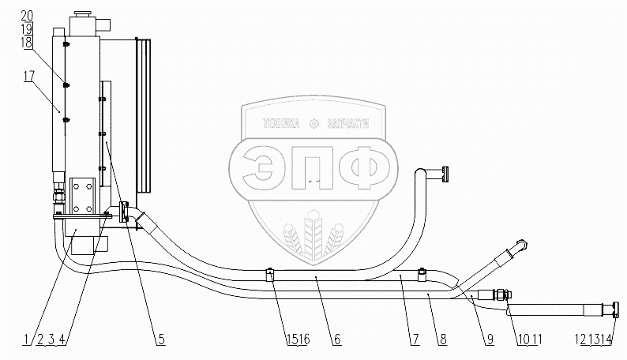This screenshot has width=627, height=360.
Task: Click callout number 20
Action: tap(28, 16)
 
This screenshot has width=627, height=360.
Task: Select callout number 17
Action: tap(28, 77)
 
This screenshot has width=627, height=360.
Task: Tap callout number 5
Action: tap(160, 339)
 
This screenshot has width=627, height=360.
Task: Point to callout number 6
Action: tap(336, 339)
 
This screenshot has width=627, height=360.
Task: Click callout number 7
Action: tap(414, 339)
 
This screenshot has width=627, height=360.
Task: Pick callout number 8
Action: tap(443, 339)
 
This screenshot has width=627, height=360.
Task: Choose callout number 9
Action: tap(490, 339)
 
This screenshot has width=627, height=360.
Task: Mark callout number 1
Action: tap(25, 339)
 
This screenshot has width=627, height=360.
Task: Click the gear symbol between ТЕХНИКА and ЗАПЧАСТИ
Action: tap(314, 122)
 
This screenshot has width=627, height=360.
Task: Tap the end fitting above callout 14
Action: tap(614, 308)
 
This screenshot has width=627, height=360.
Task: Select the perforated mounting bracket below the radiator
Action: tap(81, 195)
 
